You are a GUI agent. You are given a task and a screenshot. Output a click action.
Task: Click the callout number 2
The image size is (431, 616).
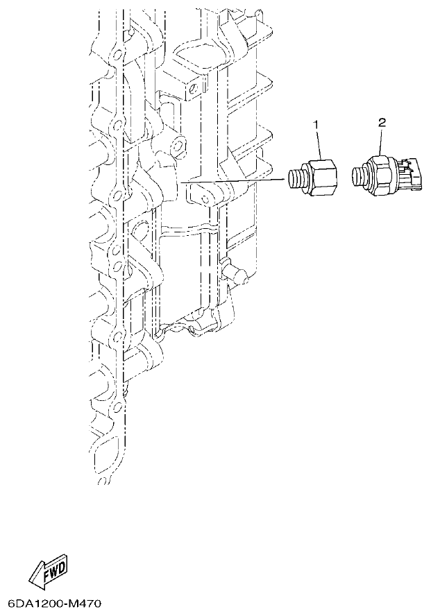[381, 122]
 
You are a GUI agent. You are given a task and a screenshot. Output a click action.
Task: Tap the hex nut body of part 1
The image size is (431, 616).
[321, 178]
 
